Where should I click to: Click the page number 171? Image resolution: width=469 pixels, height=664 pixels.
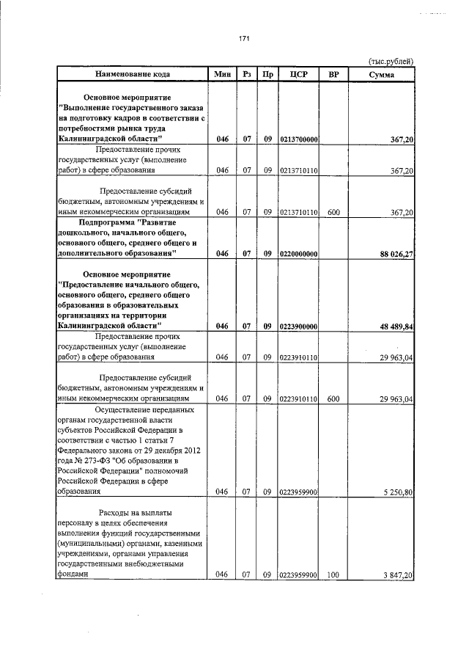coord(244,40)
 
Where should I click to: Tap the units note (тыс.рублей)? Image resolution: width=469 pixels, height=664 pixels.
coord(390,61)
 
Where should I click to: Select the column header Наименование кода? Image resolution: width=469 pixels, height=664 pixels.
coord(133,74)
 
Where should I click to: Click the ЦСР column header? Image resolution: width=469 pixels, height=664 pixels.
coord(298,74)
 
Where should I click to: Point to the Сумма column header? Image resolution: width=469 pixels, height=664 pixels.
coord(382,74)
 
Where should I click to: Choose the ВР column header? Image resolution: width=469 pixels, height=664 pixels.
coord(333,74)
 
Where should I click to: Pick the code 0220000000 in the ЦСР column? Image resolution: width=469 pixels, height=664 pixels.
coord(298,254)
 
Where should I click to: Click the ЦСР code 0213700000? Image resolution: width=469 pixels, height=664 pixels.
coord(298,139)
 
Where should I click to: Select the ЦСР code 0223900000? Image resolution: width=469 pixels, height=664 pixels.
coord(298,326)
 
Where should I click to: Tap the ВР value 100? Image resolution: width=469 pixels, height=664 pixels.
coord(333,577)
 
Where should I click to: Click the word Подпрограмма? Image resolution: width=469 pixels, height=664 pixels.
coord(106,222)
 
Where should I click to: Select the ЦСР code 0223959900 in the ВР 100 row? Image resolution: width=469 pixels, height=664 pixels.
coord(298,577)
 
